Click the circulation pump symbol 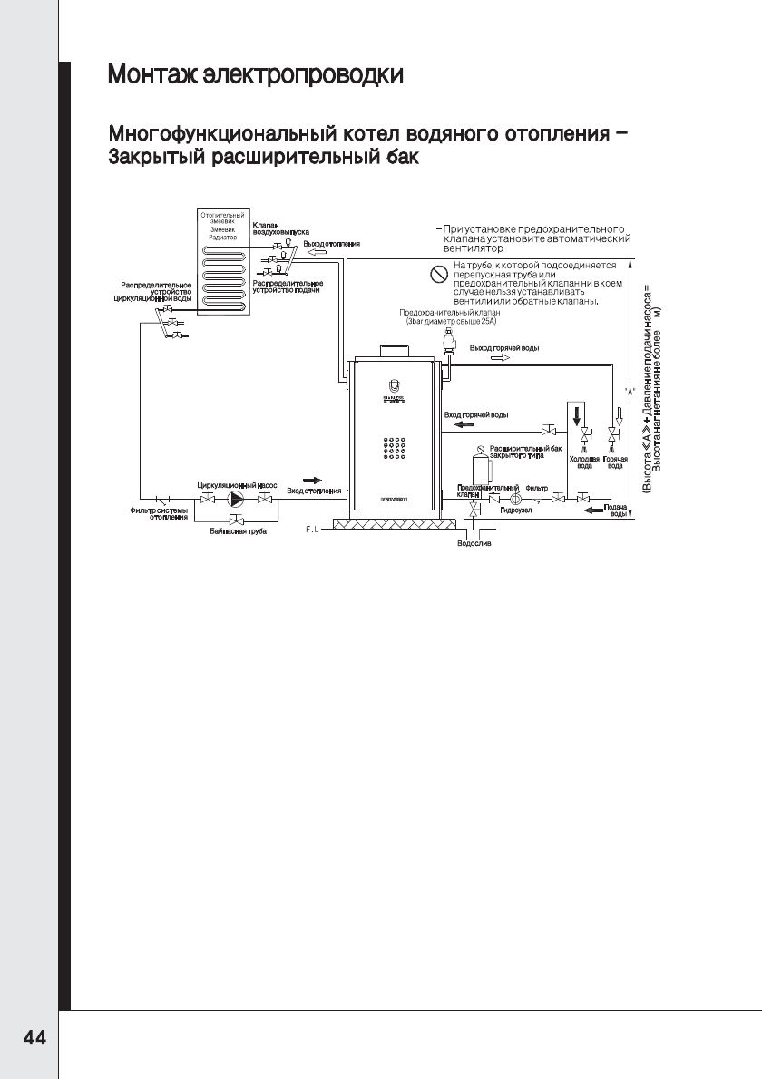(x=237, y=499)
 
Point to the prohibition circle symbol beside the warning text (x=439, y=271)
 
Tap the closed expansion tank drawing (x=484, y=467)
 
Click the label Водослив (x=474, y=544)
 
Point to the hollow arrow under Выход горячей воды (x=500, y=358)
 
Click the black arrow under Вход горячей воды (x=464, y=424)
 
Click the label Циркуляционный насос (x=238, y=486)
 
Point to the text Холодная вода (x=585, y=462)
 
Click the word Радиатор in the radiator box (x=223, y=237)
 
